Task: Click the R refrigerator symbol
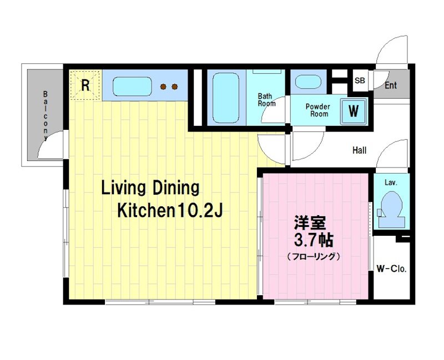pos(85,85)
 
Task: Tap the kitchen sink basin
pos(132,87)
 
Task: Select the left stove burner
pos(163,87)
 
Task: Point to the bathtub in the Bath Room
pos(226,98)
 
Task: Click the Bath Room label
pos(266,100)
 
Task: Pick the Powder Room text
pos(318,110)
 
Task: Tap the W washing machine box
pos(354,111)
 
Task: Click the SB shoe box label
pos(360,80)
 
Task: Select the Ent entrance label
pos(391,85)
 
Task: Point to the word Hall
pos(359,150)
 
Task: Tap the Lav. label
pos(391,182)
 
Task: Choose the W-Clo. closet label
pos(391,268)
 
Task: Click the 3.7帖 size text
pos(313,240)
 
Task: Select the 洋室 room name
pos(310,223)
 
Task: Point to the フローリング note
pos(313,257)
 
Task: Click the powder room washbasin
pos(308,82)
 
